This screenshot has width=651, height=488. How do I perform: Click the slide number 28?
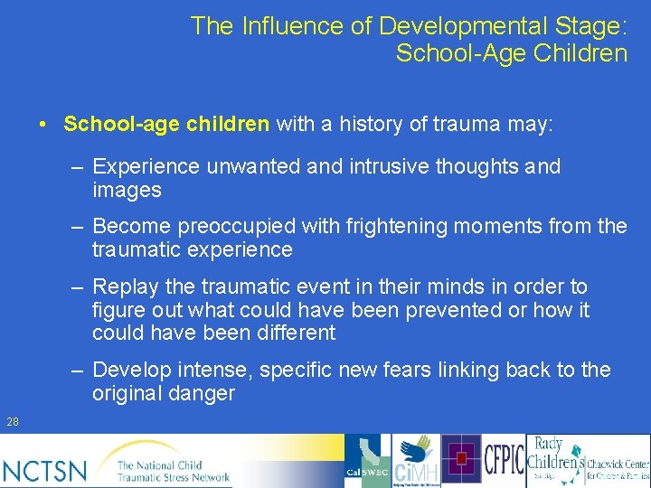[x=12, y=421]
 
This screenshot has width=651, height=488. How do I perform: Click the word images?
[x=127, y=190]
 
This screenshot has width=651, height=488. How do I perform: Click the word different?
[x=290, y=333]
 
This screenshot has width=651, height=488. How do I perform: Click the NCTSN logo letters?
[x=45, y=469]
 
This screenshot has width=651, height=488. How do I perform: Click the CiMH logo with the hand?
[x=416, y=462]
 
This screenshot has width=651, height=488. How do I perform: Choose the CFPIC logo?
[x=505, y=460]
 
